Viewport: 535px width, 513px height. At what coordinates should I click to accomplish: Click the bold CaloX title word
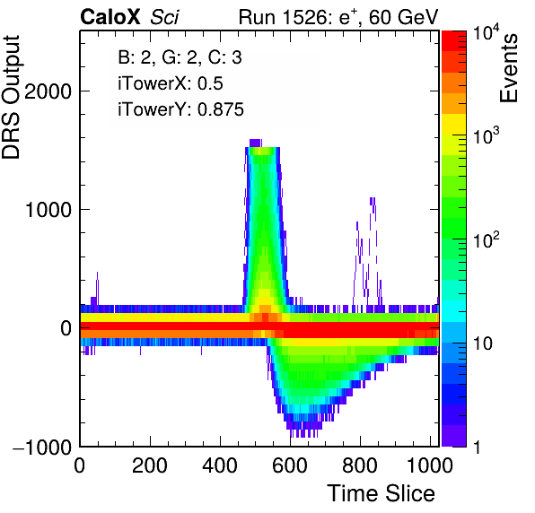(x=110, y=17)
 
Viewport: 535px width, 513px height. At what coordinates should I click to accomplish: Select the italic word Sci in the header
(x=164, y=17)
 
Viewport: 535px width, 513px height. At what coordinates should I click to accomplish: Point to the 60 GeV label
(x=403, y=17)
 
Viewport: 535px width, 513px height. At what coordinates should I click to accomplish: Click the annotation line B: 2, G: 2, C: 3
(x=180, y=57)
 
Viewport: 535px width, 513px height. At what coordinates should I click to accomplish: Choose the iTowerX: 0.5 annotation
(x=171, y=83)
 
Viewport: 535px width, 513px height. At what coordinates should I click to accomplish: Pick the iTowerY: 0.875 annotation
(x=180, y=109)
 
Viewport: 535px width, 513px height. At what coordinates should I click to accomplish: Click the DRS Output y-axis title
(x=12, y=98)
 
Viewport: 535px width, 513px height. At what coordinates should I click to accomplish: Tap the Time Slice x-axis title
(x=382, y=493)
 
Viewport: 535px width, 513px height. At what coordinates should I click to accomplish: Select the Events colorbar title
(x=508, y=68)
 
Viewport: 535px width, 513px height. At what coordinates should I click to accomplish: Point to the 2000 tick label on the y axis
(x=48, y=91)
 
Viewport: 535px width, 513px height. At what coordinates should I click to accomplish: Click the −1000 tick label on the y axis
(x=42, y=447)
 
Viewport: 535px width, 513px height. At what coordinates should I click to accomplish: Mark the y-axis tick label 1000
(x=48, y=210)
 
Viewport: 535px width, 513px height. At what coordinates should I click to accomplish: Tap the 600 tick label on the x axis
(x=290, y=465)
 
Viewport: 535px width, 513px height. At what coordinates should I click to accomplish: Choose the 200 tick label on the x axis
(x=150, y=465)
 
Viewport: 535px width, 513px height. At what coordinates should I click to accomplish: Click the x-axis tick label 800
(x=360, y=465)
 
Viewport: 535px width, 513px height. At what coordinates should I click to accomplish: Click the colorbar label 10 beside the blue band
(x=482, y=343)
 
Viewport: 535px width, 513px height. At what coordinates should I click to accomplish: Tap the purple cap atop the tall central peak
(x=255, y=143)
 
